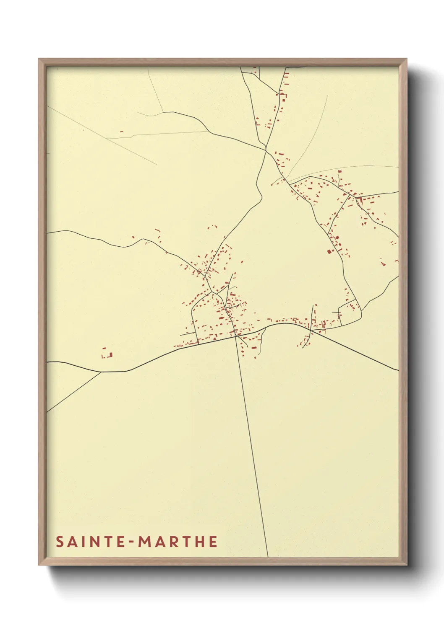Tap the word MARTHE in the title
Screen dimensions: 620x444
click(x=178, y=542)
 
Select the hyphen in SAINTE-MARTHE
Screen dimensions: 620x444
click(x=132, y=542)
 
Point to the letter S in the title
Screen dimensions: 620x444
click(x=60, y=542)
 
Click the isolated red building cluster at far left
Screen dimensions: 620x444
click(x=107, y=354)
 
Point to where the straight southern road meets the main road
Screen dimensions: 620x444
click(x=235, y=336)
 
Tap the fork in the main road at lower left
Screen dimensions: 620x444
click(x=100, y=372)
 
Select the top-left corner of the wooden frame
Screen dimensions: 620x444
click(x=39, y=59)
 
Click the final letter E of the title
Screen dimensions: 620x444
click(x=213, y=542)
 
